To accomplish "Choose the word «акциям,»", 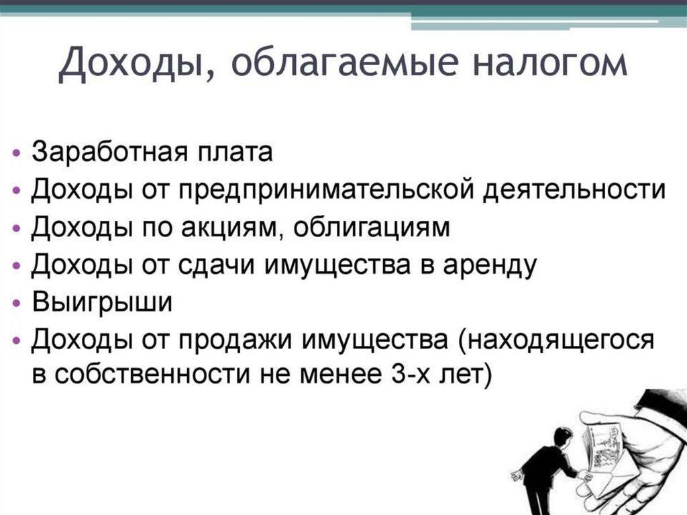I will [223, 228].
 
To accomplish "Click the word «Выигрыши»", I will [103, 302].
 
